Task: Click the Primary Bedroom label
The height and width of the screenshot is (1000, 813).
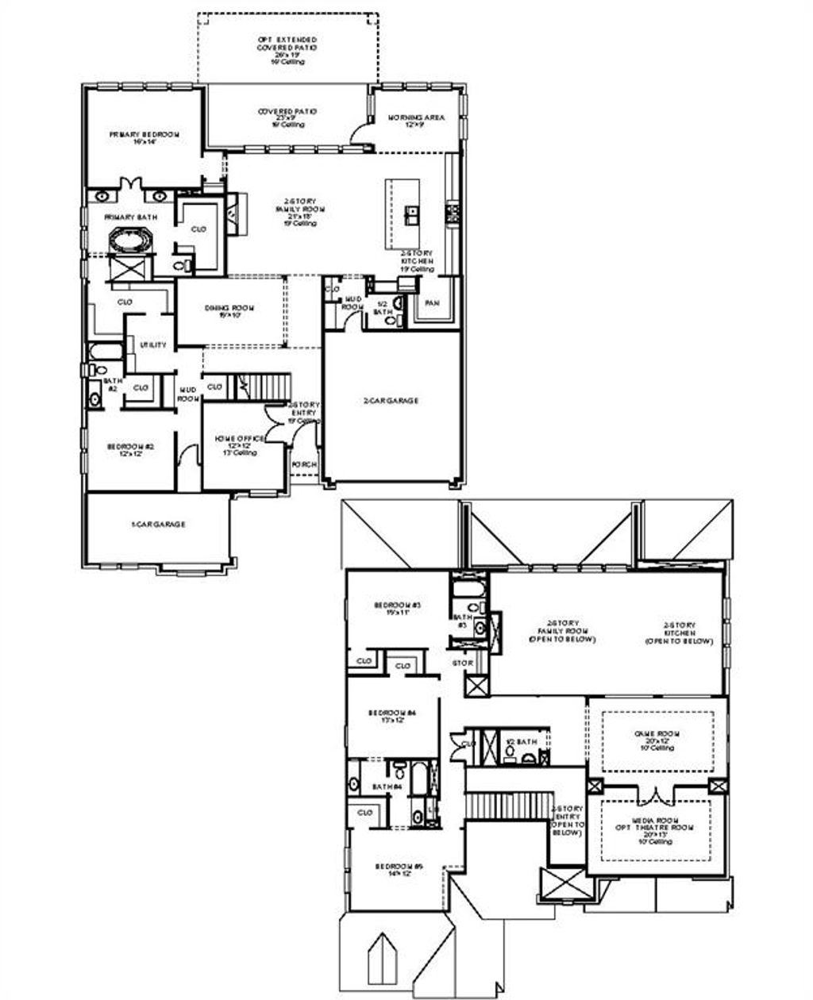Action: (x=144, y=135)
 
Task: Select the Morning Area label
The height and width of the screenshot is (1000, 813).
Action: (x=416, y=117)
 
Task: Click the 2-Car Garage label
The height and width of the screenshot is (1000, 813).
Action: (x=391, y=401)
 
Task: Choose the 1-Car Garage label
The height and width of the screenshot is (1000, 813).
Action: (x=158, y=525)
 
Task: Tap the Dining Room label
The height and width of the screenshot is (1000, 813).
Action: (x=229, y=308)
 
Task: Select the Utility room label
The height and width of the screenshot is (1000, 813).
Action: (x=153, y=345)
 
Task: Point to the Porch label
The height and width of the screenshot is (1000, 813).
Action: (x=304, y=465)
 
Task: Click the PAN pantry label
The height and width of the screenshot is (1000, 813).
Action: (x=432, y=303)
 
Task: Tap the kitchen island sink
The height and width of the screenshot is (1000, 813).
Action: (x=413, y=212)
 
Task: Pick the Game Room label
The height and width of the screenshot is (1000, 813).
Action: (x=657, y=734)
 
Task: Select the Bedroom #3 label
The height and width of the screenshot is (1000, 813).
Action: (x=397, y=606)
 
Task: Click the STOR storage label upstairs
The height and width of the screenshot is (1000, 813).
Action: (x=462, y=662)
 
